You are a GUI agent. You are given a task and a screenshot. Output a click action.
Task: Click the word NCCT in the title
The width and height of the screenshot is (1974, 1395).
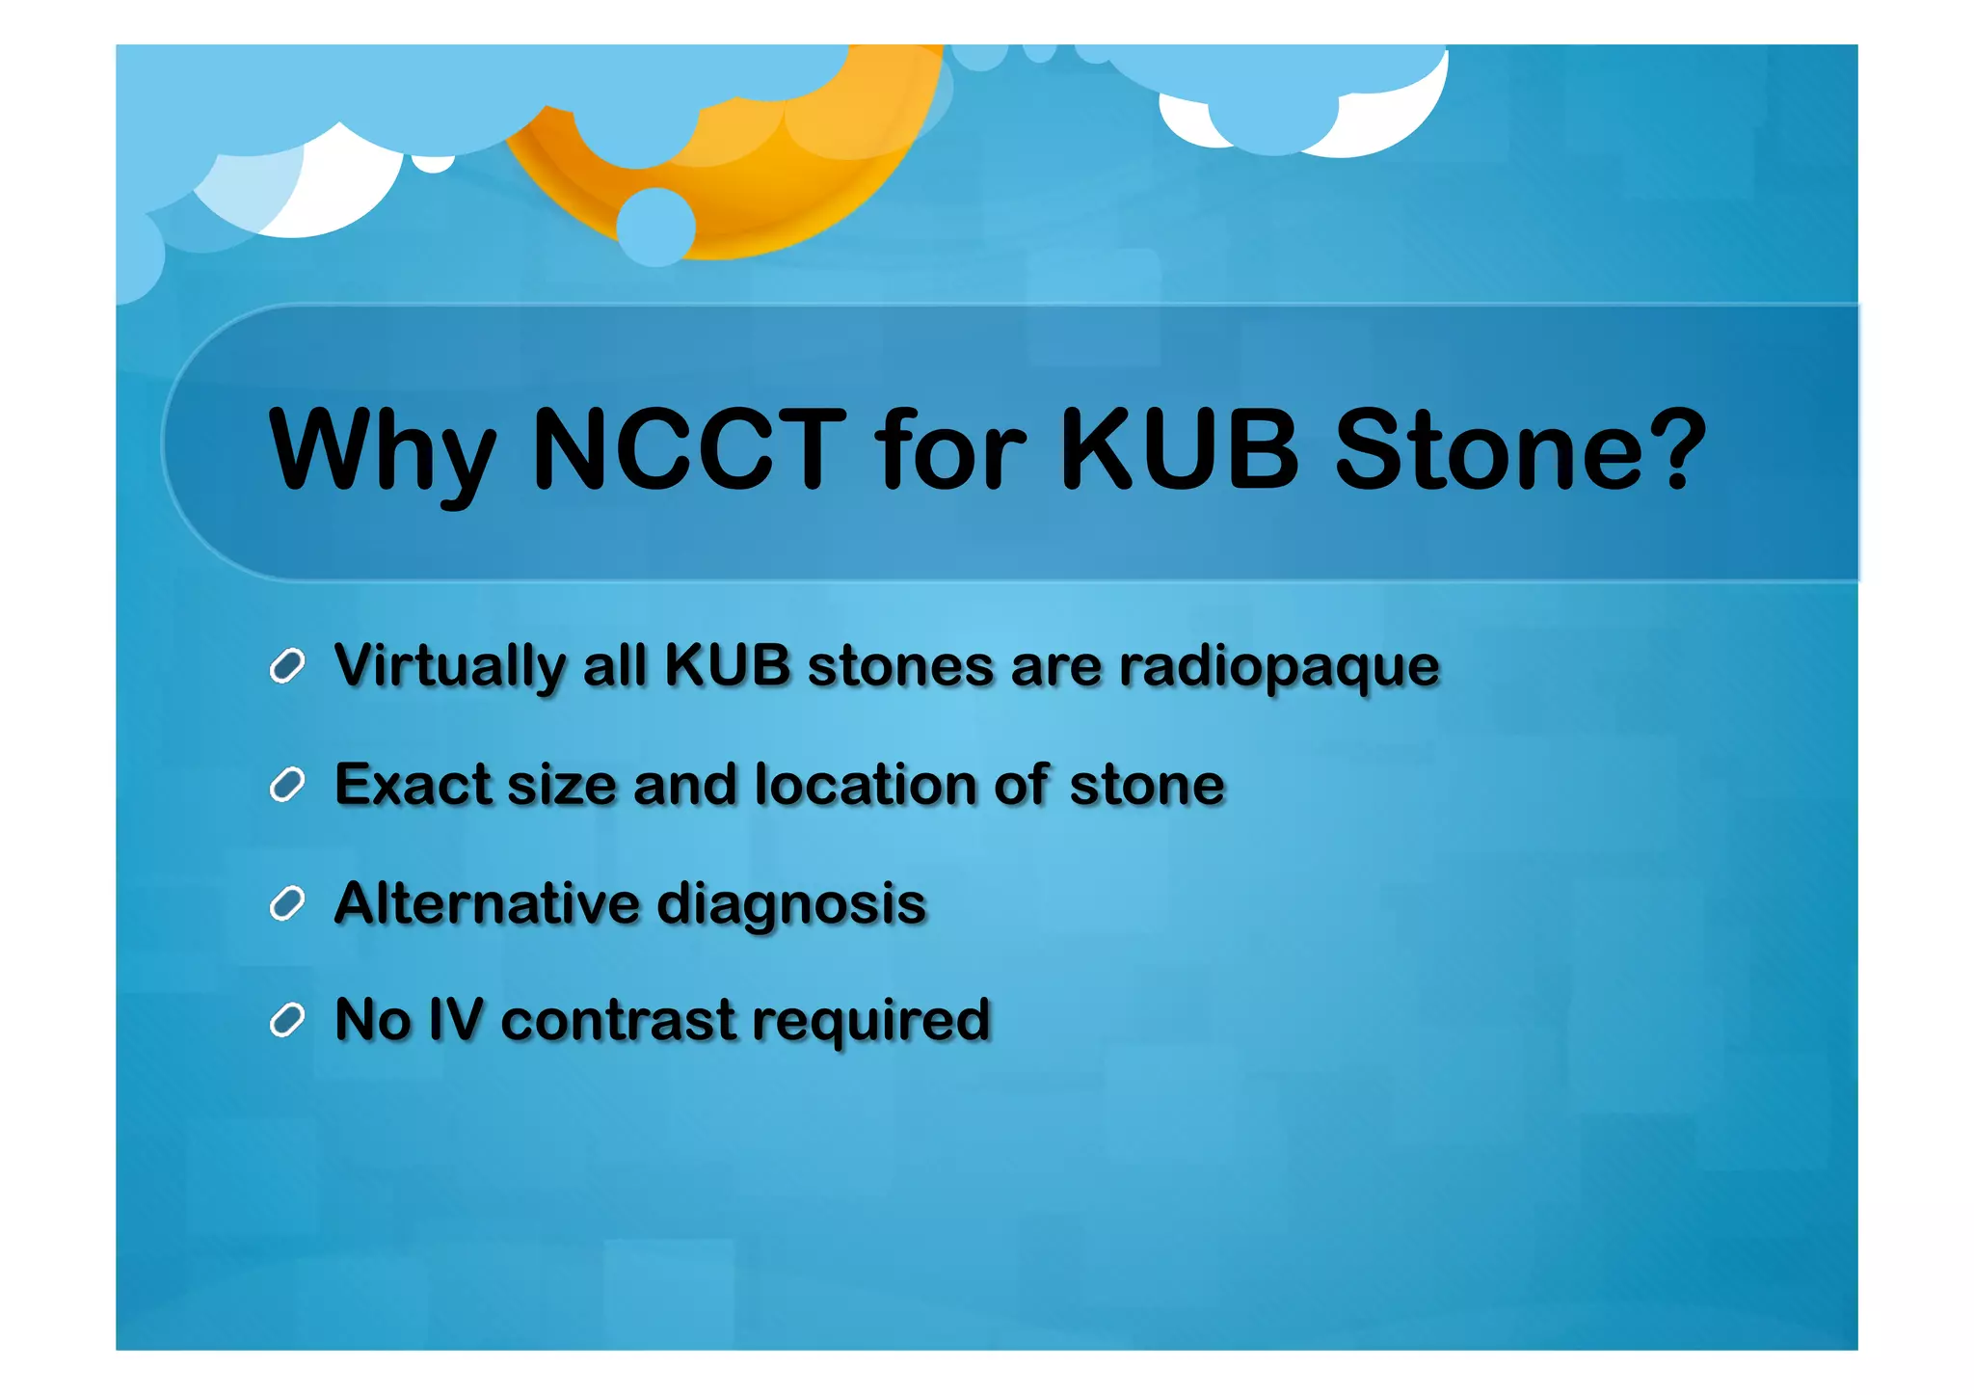tap(689, 450)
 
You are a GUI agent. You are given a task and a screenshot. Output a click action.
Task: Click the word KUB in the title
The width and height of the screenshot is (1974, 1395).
tap(1180, 450)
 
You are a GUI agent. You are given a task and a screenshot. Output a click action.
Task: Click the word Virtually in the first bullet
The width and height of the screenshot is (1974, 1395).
tap(449, 667)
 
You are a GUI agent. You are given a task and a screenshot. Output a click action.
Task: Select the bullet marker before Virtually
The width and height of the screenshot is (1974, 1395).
tap(287, 666)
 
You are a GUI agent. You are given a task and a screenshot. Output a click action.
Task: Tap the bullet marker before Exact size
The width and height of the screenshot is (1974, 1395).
tap(287, 785)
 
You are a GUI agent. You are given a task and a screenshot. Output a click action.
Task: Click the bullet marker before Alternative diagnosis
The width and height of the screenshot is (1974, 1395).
tap(287, 904)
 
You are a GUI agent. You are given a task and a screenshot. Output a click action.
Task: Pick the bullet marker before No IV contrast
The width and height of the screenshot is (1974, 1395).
tap(287, 1020)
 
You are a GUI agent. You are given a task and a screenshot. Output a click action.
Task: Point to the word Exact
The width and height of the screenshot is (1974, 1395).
tap(413, 785)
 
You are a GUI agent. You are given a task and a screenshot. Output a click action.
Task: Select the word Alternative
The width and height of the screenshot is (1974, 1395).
tap(487, 904)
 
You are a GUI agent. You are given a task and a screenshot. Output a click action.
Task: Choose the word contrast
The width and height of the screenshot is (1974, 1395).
tap(618, 1021)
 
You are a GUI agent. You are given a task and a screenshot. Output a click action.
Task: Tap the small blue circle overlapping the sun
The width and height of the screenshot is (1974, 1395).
tap(655, 227)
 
